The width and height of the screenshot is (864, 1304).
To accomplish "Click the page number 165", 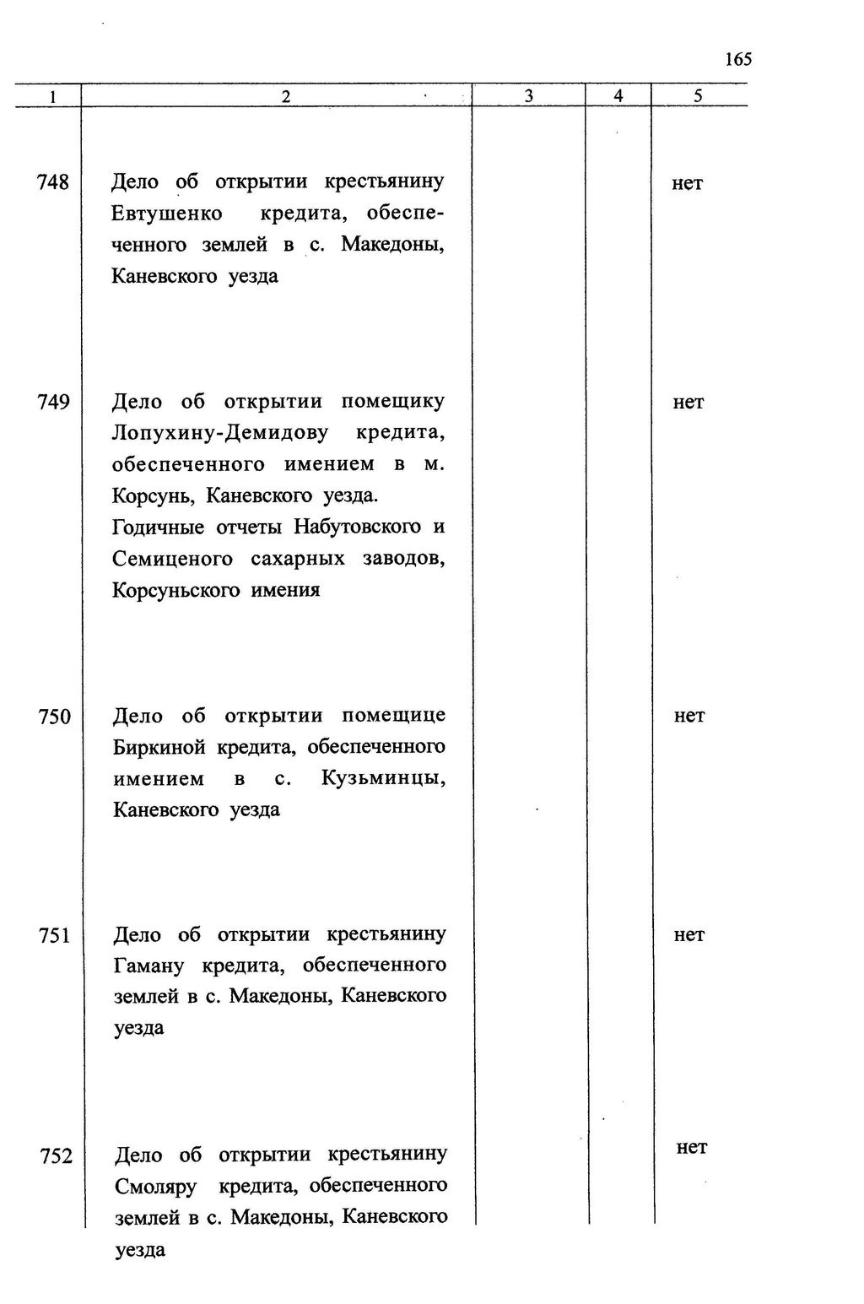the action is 737,59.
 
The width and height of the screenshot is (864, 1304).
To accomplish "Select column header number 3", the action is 528,96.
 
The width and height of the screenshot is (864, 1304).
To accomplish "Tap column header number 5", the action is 698,96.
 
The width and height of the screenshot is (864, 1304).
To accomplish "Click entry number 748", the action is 53,182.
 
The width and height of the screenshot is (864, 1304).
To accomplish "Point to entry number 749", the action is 53,402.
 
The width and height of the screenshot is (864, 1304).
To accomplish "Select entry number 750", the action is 55,717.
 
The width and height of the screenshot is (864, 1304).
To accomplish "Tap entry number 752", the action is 57,1155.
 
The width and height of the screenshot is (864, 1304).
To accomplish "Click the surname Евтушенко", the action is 167,214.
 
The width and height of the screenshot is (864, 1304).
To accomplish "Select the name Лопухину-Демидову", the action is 220,433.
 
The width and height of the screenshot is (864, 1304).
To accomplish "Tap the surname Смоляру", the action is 156,1187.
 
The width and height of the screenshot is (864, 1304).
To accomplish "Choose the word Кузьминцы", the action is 384,778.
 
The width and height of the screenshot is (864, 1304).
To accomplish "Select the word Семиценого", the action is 173,559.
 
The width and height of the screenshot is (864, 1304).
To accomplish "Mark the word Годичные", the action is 159,528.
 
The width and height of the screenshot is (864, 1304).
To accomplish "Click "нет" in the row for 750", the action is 689,716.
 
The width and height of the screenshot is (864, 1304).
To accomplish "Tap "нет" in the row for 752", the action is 692,1147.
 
